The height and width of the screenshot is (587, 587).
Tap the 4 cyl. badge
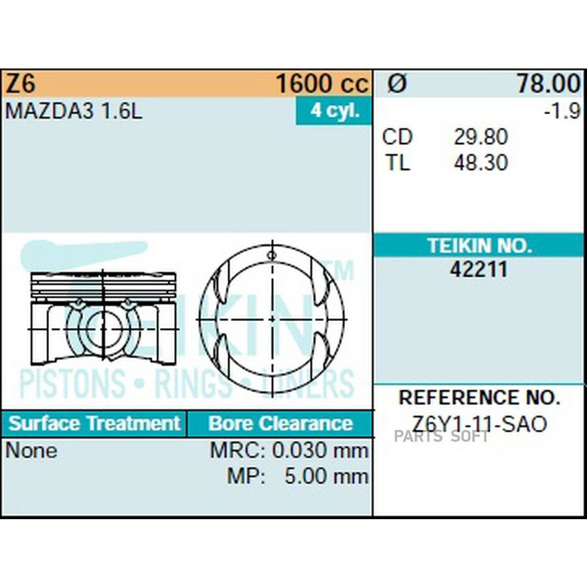tap(335, 110)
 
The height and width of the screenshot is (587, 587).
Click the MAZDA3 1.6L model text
tap(74, 111)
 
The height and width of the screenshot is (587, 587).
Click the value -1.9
tap(562, 111)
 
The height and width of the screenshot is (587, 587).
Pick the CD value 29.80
tap(481, 137)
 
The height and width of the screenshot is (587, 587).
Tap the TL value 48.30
tap(481, 162)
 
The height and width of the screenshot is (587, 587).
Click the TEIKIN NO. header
tap(479, 246)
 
